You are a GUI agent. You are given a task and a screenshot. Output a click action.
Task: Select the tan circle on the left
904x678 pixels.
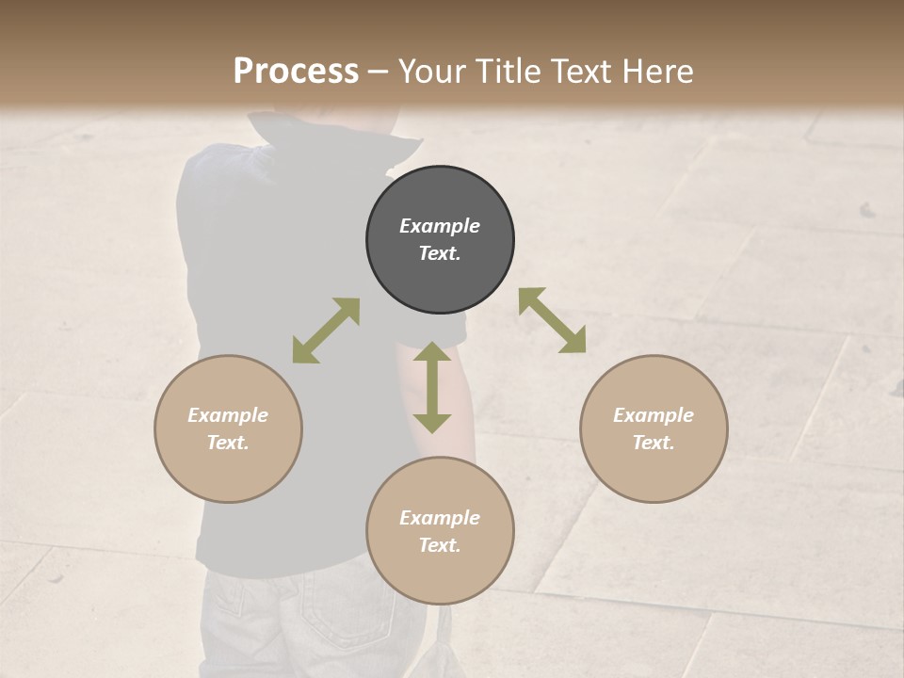pyautogui.click(x=228, y=428)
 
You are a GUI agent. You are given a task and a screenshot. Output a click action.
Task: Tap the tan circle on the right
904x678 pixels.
pyautogui.click(x=654, y=428)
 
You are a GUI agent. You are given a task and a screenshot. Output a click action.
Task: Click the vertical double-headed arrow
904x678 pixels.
pyautogui.click(x=432, y=387)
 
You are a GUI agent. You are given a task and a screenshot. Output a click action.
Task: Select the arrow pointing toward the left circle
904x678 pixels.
pyautogui.click(x=326, y=331)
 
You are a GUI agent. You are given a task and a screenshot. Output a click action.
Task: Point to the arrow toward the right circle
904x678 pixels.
pyautogui.click(x=553, y=320)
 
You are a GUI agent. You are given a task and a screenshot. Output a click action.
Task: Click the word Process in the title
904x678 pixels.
pyautogui.click(x=296, y=71)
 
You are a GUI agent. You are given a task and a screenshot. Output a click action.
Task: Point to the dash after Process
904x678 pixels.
pyautogui.click(x=378, y=72)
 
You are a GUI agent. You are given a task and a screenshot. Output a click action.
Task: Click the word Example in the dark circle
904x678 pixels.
pyautogui.click(x=440, y=226)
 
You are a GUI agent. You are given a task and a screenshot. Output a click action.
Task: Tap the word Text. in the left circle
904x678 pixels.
pyautogui.click(x=228, y=443)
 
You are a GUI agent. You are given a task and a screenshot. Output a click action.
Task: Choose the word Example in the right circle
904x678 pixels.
pyautogui.click(x=654, y=415)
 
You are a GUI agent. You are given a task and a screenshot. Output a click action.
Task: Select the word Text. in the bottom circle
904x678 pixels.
pyautogui.click(x=440, y=545)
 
